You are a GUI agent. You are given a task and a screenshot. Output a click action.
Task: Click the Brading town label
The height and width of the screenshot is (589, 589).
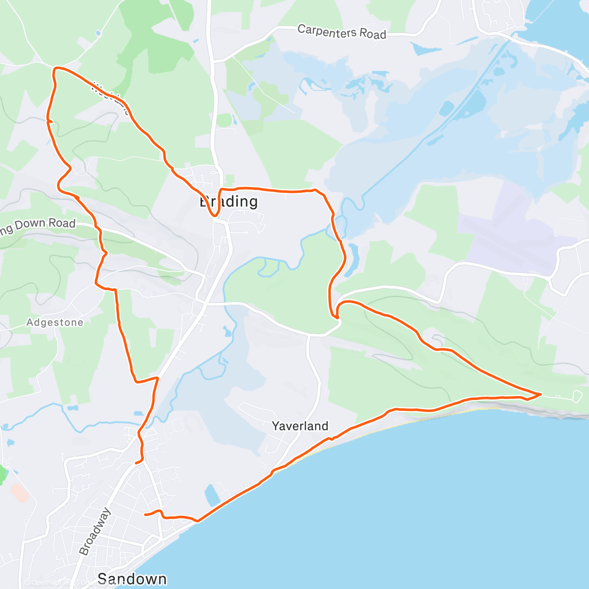229,201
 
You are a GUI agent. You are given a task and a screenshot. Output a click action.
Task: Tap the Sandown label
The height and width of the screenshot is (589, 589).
132,579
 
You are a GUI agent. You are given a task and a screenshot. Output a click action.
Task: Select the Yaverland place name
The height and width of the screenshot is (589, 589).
300,426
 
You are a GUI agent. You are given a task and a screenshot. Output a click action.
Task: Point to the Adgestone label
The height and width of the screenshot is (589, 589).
55,322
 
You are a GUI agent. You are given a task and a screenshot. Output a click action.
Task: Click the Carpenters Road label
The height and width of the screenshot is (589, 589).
342,32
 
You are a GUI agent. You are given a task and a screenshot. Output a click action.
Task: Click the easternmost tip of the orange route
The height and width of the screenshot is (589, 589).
541,394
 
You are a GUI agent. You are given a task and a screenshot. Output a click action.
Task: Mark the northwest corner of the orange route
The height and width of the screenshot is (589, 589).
54,69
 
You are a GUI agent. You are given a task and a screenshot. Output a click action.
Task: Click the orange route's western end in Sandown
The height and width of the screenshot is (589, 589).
145,514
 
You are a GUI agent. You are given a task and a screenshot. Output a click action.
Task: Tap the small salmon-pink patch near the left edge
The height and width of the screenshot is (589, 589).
19,492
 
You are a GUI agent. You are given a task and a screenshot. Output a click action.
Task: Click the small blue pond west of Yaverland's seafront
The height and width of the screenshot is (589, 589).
213,495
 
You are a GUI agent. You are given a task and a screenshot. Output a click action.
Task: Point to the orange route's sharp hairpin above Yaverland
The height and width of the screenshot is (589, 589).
337,317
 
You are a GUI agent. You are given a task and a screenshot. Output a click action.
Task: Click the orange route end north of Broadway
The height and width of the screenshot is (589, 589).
136,462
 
